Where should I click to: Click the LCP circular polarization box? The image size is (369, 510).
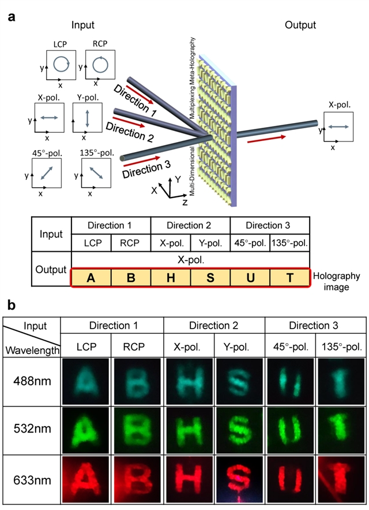61,63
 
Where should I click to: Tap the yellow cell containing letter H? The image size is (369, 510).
171,278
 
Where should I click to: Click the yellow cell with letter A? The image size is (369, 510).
91,278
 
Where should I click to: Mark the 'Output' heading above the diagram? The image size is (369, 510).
300,25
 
